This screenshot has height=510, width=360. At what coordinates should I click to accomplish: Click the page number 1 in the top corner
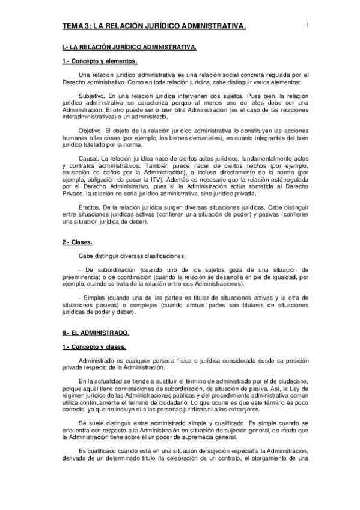click(x=307, y=25)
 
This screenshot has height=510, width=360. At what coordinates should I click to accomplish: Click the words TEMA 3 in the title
click(x=77, y=26)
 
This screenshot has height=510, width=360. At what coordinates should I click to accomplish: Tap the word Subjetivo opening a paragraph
click(x=91, y=96)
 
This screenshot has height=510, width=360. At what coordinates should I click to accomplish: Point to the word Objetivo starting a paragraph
click(x=90, y=129)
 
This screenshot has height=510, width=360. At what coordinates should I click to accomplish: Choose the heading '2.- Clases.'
click(x=78, y=242)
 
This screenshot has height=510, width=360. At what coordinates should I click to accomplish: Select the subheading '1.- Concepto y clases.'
click(x=94, y=347)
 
